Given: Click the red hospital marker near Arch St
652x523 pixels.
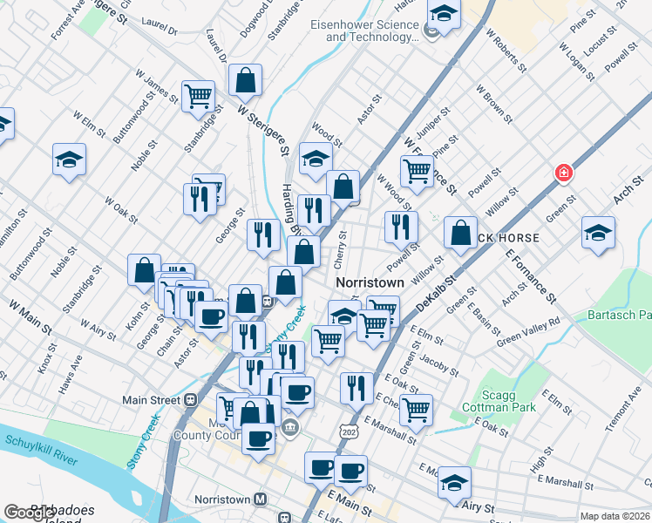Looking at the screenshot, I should pos(564,173).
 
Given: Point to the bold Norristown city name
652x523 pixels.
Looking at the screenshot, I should pos(370,283).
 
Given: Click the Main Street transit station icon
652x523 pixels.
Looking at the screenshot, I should pos(191,400).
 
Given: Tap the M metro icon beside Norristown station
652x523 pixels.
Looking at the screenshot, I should pos(260,499).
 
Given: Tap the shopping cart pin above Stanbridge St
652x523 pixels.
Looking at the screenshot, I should pos(199,96).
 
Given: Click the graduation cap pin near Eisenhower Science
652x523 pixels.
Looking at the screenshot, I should pos(444,15).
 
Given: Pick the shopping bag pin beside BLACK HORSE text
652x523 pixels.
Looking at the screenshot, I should pos(460,233).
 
